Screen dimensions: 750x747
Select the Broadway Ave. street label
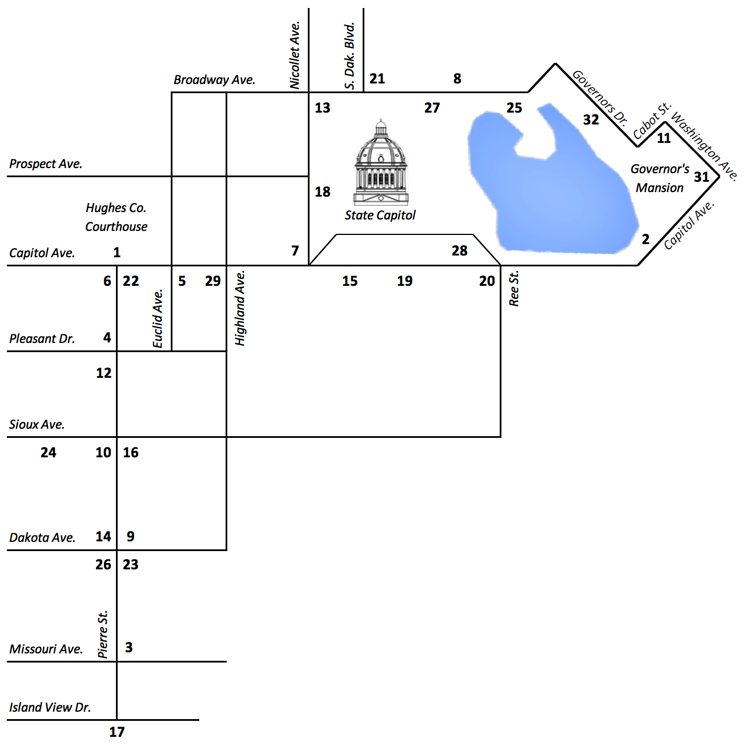click(x=214, y=80)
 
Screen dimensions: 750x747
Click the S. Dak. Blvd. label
click(x=350, y=56)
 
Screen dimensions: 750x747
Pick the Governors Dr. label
click(x=600, y=97)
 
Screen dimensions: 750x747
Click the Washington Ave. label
click(x=705, y=146)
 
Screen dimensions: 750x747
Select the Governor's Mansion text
click(x=660, y=178)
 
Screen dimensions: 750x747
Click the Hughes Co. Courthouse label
click(x=116, y=217)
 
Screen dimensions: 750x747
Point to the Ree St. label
click(x=514, y=289)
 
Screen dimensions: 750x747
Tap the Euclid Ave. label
click(x=158, y=318)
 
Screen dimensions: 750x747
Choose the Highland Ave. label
click(x=240, y=308)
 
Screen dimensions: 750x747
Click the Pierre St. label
click(x=103, y=635)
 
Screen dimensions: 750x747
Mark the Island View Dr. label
click(x=50, y=707)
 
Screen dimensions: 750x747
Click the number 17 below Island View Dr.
click(x=117, y=732)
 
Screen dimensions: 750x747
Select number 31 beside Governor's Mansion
click(x=701, y=177)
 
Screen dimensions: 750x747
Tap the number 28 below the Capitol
click(x=460, y=250)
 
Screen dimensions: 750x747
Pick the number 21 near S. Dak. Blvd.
click(x=377, y=79)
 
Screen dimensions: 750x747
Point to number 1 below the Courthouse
click(x=117, y=252)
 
